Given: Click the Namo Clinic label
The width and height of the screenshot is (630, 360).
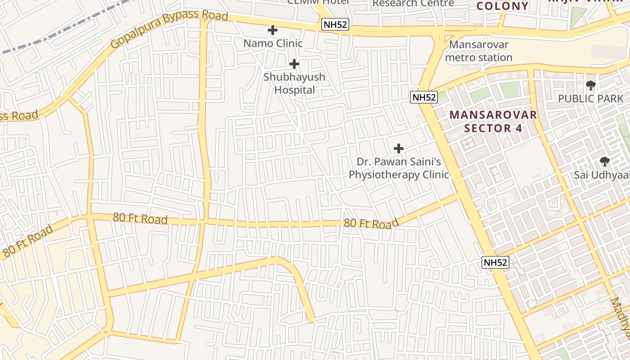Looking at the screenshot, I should pyautogui.click(x=273, y=44).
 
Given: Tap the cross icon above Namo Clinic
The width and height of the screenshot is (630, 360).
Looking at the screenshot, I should pyautogui.click(x=273, y=30).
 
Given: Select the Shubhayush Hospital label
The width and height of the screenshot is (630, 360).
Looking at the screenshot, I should pyautogui.click(x=294, y=83).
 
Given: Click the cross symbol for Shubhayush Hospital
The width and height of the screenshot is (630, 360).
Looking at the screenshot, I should pyautogui.click(x=294, y=64).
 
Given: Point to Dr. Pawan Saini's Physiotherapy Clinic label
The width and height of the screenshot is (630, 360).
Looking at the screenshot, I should pyautogui.click(x=399, y=168).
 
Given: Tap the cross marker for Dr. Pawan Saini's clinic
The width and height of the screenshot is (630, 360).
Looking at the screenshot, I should pyautogui.click(x=399, y=148).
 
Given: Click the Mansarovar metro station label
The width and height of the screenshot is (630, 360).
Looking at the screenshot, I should pyautogui.click(x=479, y=51).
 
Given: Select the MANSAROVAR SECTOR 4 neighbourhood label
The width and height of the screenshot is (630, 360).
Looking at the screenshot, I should pyautogui.click(x=493, y=121).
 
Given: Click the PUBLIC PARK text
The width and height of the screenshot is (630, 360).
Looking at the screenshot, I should pyautogui.click(x=591, y=98).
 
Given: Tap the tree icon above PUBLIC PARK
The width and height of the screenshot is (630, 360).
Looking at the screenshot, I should pyautogui.click(x=591, y=85).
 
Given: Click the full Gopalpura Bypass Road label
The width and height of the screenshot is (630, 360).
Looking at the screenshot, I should pyautogui.click(x=169, y=29).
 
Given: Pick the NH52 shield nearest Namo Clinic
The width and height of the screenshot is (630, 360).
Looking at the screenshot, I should pyautogui.click(x=335, y=24).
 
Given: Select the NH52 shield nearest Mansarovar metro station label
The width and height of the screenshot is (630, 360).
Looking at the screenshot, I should pyautogui.click(x=424, y=97).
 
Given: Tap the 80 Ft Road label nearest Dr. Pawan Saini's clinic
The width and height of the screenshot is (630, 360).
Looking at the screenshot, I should pyautogui.click(x=371, y=223).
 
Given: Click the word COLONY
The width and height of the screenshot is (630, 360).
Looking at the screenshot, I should pyautogui.click(x=502, y=6).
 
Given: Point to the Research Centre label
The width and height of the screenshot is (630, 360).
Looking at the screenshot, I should pyautogui.click(x=413, y=3).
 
